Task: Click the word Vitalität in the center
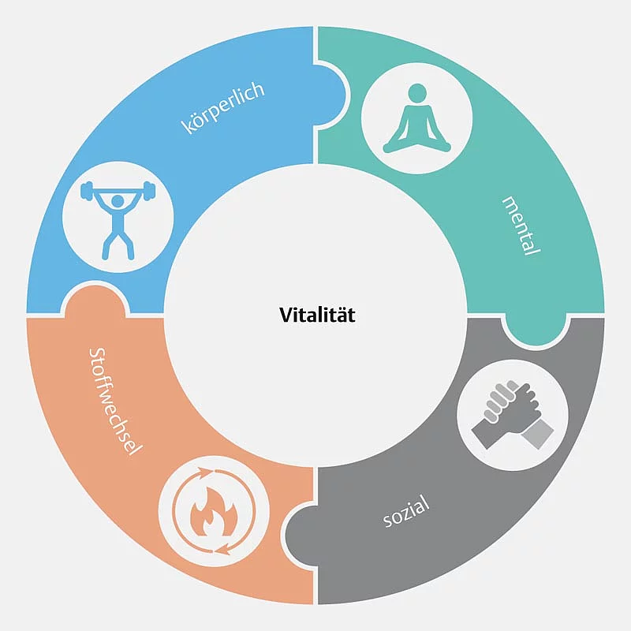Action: (318, 315)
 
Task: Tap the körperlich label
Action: (223, 107)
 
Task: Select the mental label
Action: (521, 226)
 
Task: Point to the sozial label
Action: (405, 511)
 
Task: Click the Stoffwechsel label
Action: (114, 401)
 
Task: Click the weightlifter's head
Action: (118, 201)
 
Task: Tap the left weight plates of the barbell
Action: (87, 190)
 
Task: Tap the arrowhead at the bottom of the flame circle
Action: (223, 549)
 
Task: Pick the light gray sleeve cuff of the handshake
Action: (538, 434)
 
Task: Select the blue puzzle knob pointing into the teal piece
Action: (331, 95)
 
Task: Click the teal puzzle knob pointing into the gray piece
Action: (536, 330)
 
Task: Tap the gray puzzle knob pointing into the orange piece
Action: (300, 534)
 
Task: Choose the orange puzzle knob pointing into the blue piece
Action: (95, 298)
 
